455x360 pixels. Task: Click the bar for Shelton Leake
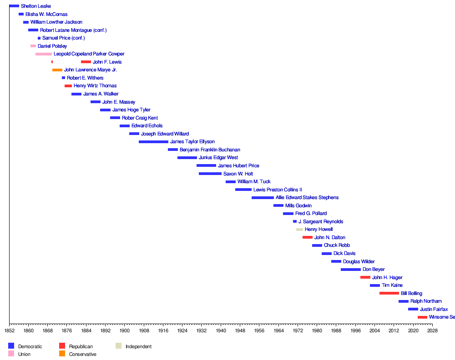[x=14, y=6]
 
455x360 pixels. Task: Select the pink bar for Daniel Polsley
[x=33, y=46]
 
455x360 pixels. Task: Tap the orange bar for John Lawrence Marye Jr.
[x=57, y=70]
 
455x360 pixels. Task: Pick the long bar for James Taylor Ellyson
[x=153, y=142]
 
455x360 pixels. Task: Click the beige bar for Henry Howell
[x=299, y=230]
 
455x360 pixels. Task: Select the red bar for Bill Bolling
[x=389, y=293]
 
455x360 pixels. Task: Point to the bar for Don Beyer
[x=350, y=270]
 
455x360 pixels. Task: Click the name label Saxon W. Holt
[x=238, y=174]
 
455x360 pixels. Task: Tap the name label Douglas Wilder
[x=359, y=261]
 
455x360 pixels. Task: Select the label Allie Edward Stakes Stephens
[x=307, y=198]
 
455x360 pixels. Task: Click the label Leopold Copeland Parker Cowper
[x=89, y=54]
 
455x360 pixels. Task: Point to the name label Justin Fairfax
[x=434, y=309]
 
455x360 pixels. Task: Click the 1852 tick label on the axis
[x=9, y=331]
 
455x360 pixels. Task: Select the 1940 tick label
[x=221, y=331]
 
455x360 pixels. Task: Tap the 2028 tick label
[x=432, y=331]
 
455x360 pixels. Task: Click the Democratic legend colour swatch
[x=11, y=346]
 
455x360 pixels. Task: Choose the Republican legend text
[x=81, y=346]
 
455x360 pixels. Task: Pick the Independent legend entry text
[x=138, y=346]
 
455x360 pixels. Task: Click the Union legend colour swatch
[x=11, y=354]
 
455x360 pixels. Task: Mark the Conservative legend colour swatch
[x=62, y=354]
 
